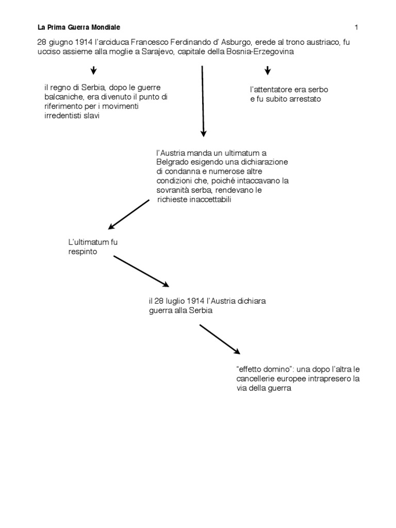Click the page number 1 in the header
(x=356, y=27)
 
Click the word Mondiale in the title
(x=106, y=27)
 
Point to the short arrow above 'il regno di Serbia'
(x=93, y=71)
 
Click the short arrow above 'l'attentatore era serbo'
(x=267, y=71)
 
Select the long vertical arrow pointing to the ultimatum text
(x=203, y=101)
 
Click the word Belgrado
(x=173, y=162)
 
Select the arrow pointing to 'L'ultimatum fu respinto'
(x=129, y=214)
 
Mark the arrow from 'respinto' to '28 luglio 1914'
(x=141, y=271)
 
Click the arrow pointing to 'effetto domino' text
(x=219, y=339)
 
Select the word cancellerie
(x=256, y=379)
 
